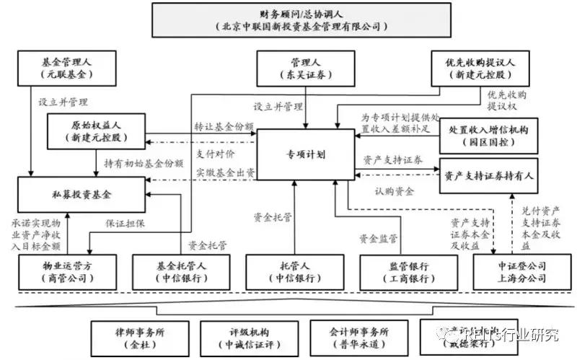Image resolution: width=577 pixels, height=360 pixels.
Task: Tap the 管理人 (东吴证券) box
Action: coord(305,68)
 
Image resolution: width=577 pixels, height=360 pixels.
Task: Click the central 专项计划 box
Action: coord(304,154)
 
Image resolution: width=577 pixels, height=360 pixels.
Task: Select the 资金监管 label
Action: coord(379,238)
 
